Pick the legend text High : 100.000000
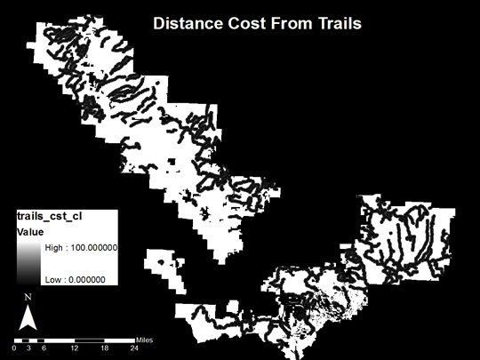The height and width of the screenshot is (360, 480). pyautogui.click(x=82, y=248)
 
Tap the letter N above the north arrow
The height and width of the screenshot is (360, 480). pyautogui.click(x=28, y=297)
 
